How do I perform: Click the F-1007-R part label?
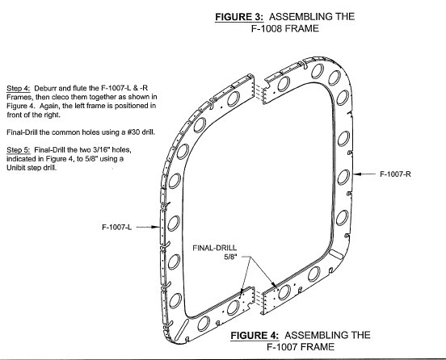pyautogui.click(x=395, y=174)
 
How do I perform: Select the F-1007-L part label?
pyautogui.click(x=117, y=227)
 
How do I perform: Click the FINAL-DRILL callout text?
pyautogui.click(x=214, y=248)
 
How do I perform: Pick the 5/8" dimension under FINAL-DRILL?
pyautogui.click(x=230, y=257)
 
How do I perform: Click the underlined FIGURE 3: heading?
pyautogui.click(x=239, y=17)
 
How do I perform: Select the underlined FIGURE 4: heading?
pyautogui.click(x=255, y=335)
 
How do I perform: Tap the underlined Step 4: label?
pyautogui.click(x=19, y=88)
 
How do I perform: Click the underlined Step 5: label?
pyautogui.click(x=19, y=150)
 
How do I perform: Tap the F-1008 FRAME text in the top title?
pyautogui.click(x=285, y=29)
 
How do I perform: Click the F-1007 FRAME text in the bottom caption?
pyautogui.click(x=301, y=347)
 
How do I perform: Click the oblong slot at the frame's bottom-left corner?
pyautogui.click(x=182, y=329)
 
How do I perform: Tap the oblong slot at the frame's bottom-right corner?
pyautogui.click(x=337, y=254)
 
